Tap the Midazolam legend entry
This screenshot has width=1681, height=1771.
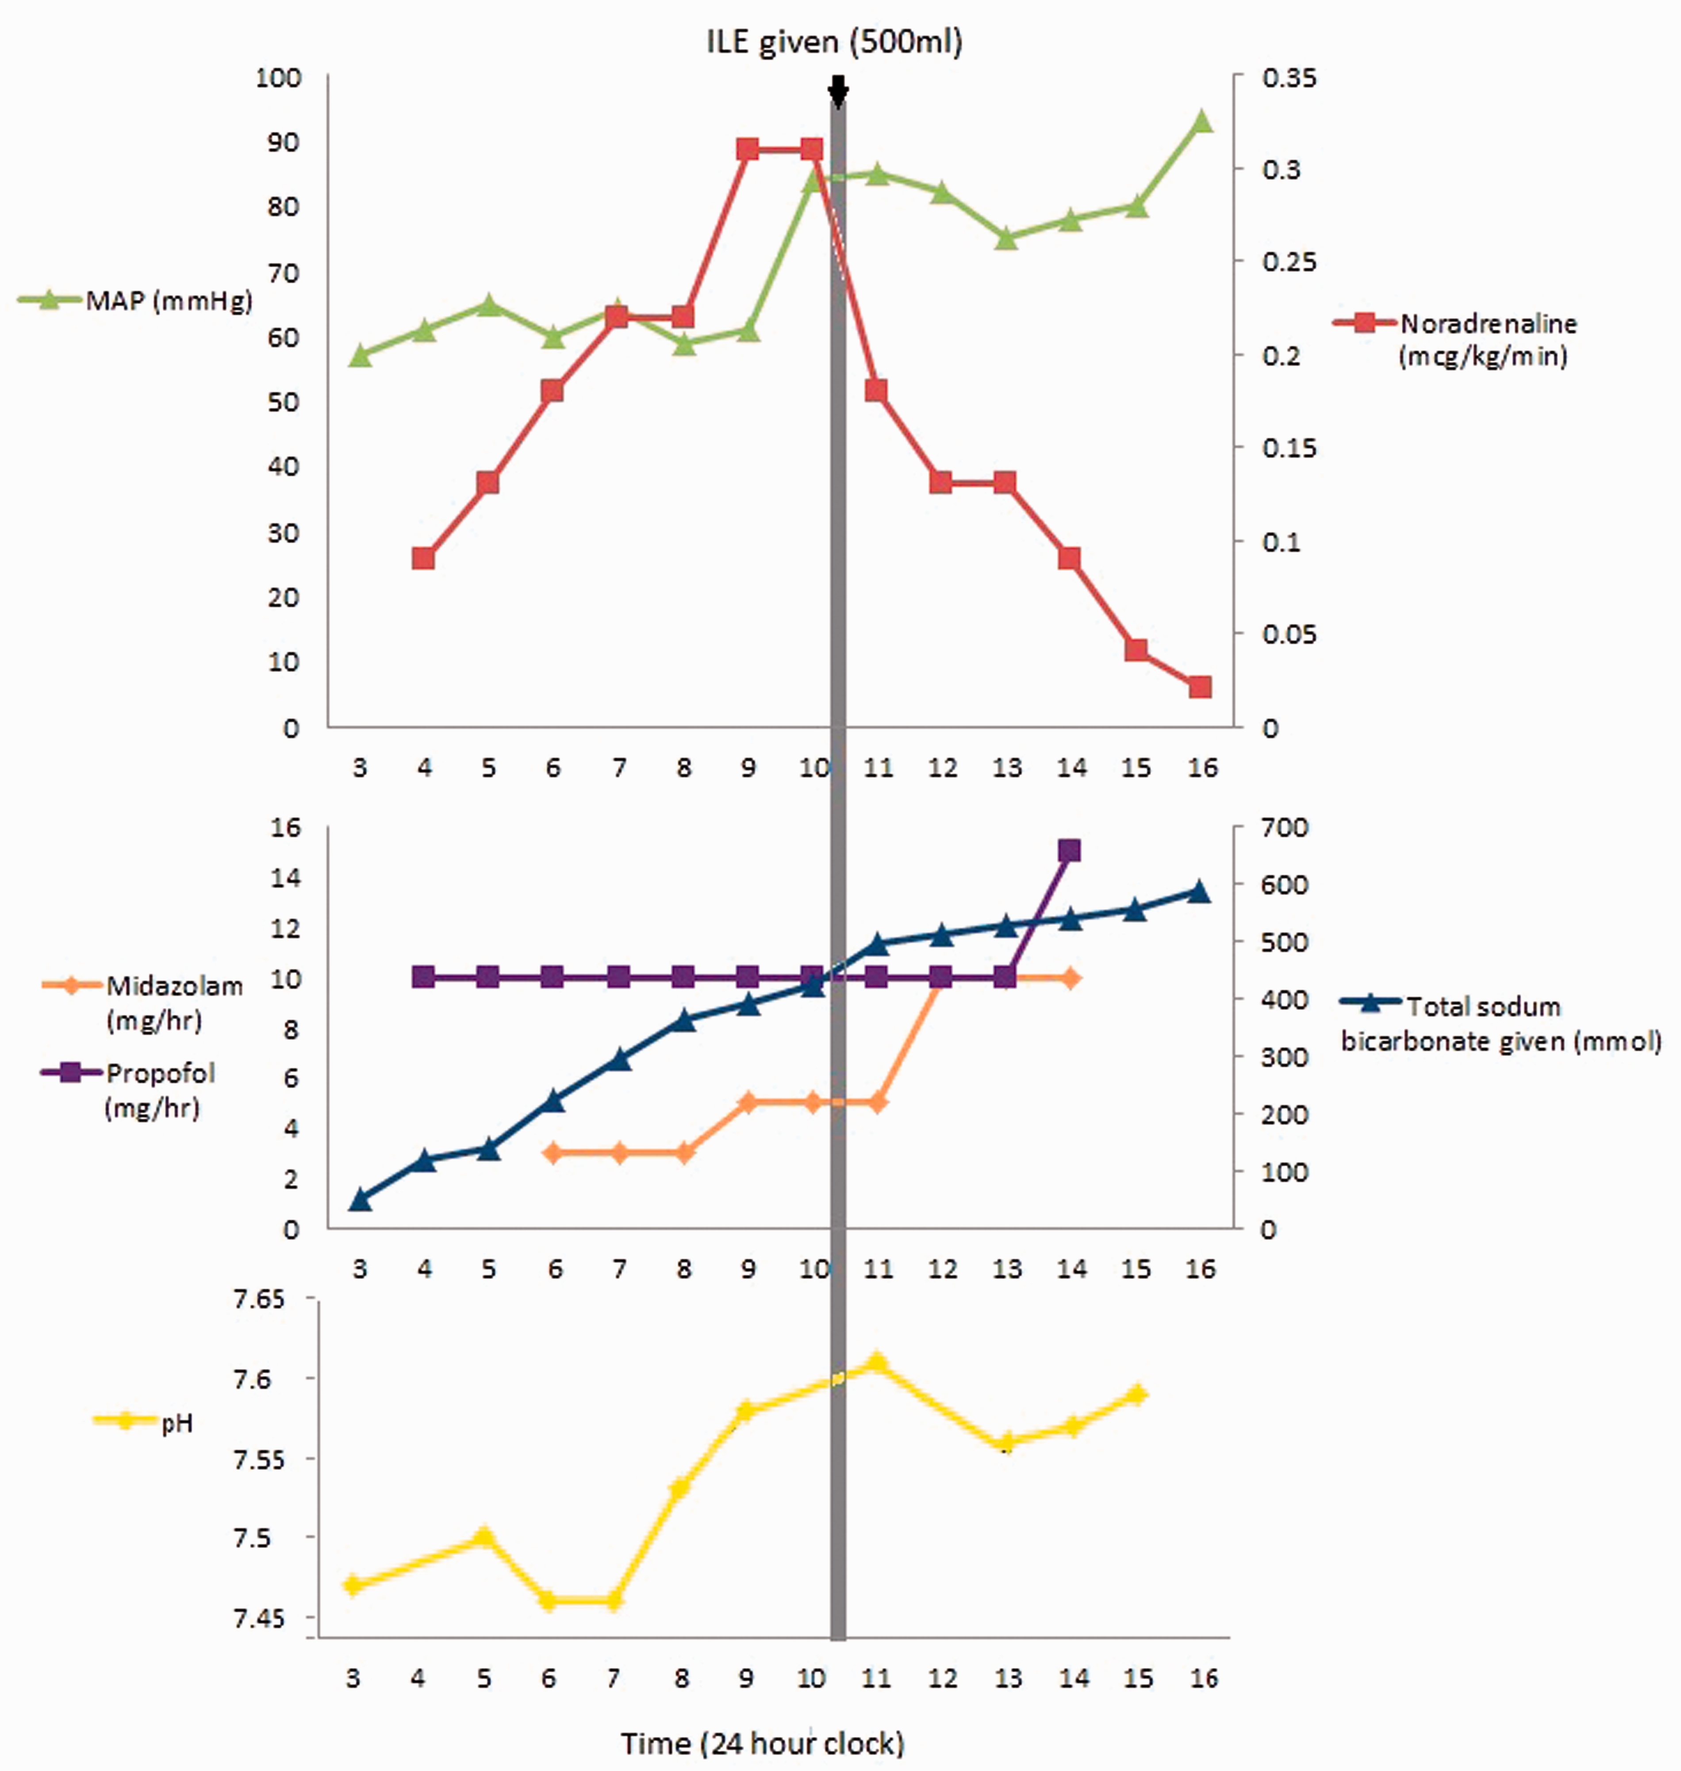click(x=143, y=1002)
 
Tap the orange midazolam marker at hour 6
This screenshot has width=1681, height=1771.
click(x=553, y=1152)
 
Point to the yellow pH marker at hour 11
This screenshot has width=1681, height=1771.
click(x=877, y=1362)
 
